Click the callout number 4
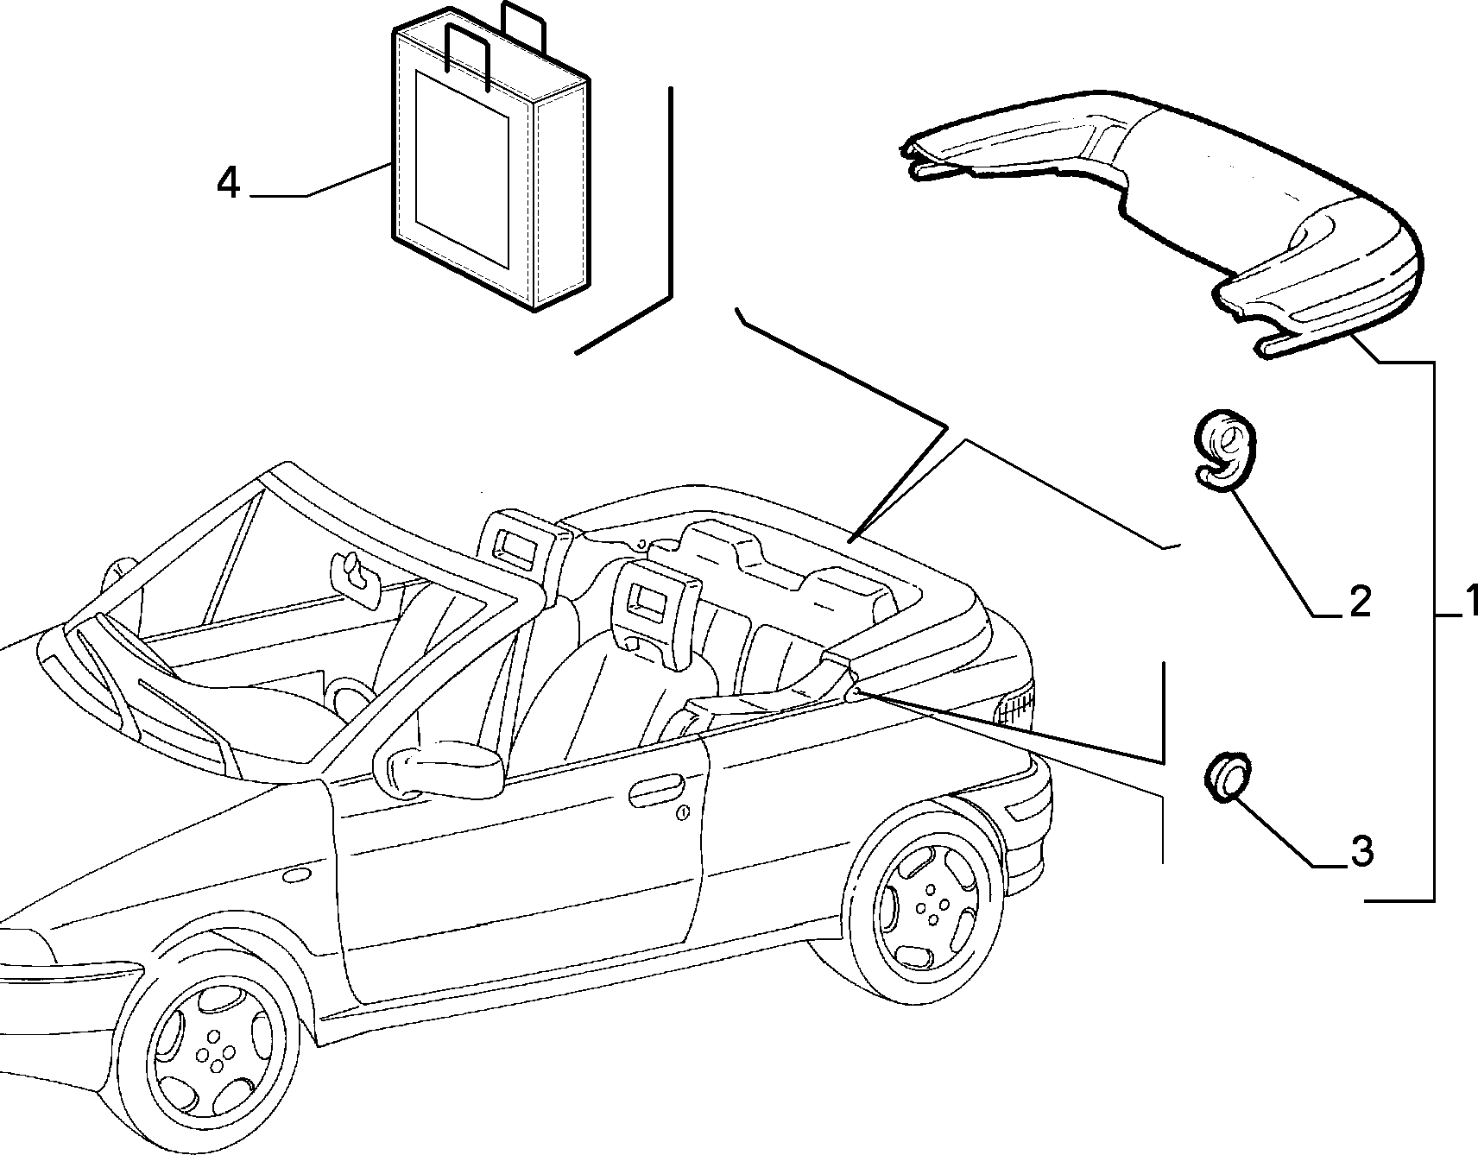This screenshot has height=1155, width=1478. tap(228, 183)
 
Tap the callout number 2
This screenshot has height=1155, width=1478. tap(1359, 601)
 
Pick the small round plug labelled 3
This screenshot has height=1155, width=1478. tap(1225, 776)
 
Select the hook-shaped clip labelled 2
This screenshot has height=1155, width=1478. tap(1225, 453)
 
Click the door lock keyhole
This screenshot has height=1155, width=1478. tap(682, 812)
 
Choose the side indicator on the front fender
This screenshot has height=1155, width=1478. tap(296, 876)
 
